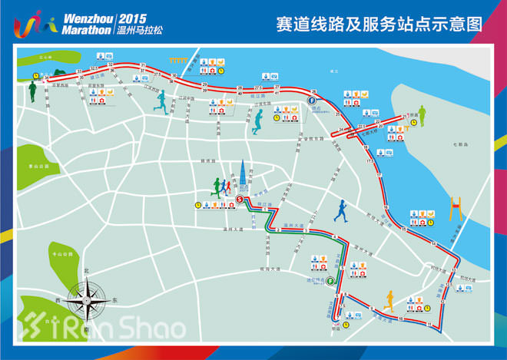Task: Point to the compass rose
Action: (x=87, y=296)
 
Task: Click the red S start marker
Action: (x=240, y=199)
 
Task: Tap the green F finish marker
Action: (x=329, y=281)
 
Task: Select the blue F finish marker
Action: (x=313, y=101)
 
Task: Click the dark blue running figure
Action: (x=340, y=213)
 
